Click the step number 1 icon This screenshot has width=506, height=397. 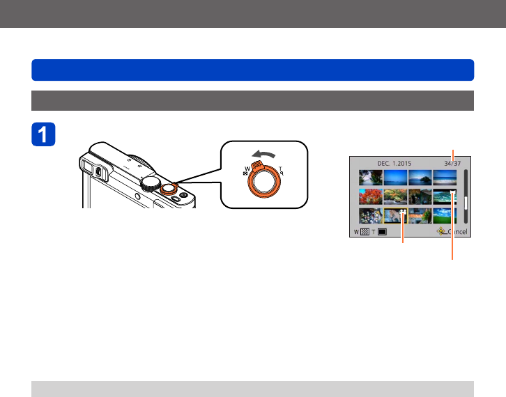coord(44,134)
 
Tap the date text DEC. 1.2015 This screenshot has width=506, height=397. coord(394,163)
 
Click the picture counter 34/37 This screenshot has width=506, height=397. coord(451,163)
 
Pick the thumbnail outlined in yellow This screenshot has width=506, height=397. coord(395,216)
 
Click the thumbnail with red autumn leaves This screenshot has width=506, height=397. coord(371,197)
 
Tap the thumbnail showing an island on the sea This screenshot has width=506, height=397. coord(395,178)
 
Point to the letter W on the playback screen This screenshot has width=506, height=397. coord(355,231)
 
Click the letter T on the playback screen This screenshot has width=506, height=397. coord(372,231)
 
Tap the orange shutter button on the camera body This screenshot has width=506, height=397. coord(168,188)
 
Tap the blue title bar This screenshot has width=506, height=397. coord(253,70)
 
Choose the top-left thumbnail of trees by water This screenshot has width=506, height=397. coord(371,178)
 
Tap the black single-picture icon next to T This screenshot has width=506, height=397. coord(382,231)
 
